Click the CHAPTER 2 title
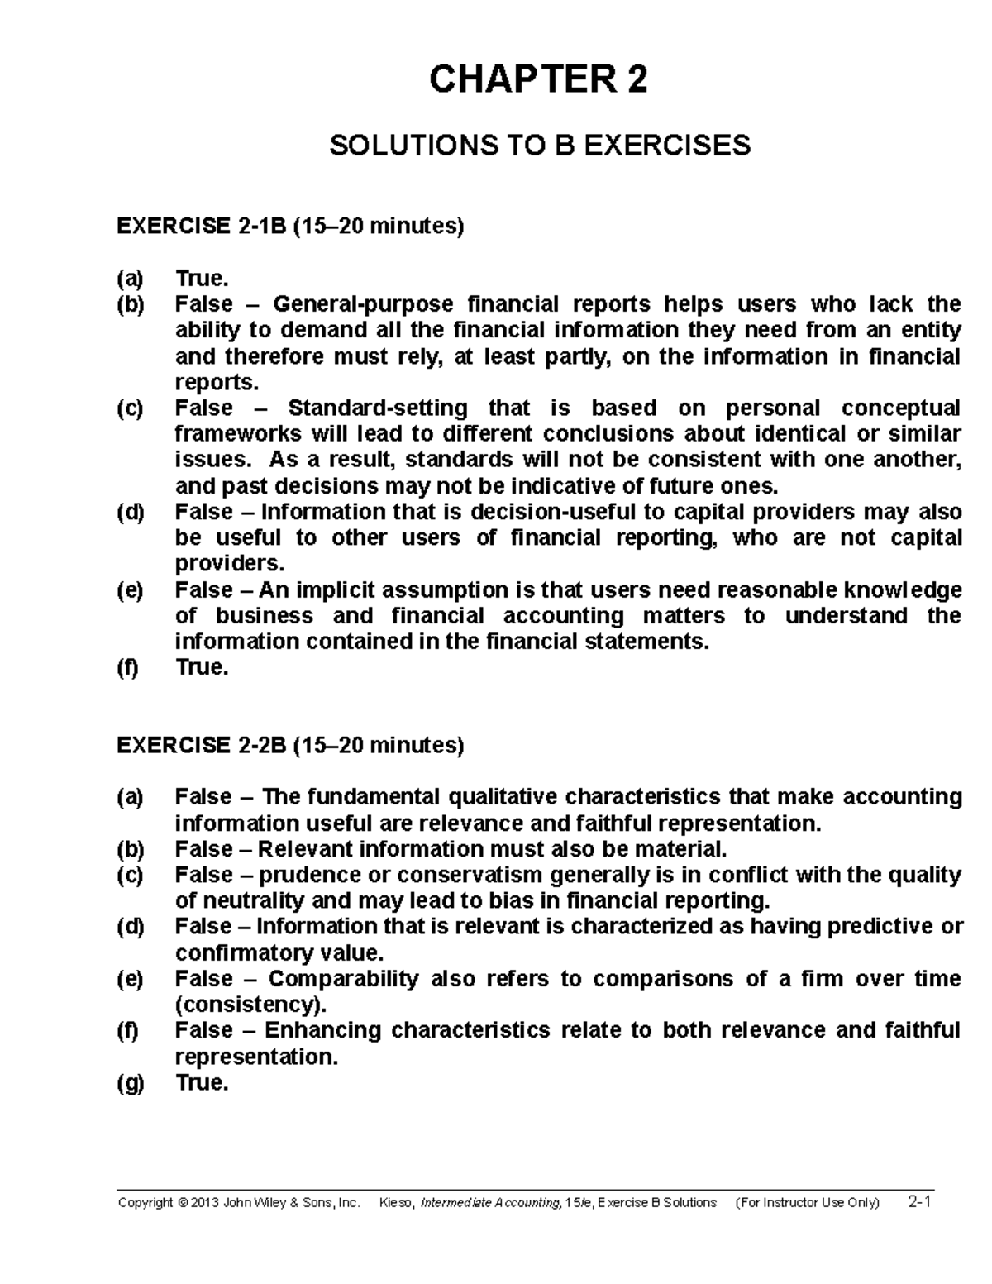click(x=539, y=80)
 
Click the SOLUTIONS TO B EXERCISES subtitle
click(x=540, y=146)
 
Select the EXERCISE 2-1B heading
click(x=290, y=226)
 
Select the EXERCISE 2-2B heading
click(x=290, y=745)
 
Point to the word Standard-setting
click(x=377, y=408)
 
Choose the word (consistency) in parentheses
click(x=250, y=1005)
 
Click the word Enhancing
click(x=323, y=1030)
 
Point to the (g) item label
click(x=130, y=1082)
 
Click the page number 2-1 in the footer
click(x=918, y=1202)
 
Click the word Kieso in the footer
click(x=396, y=1203)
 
